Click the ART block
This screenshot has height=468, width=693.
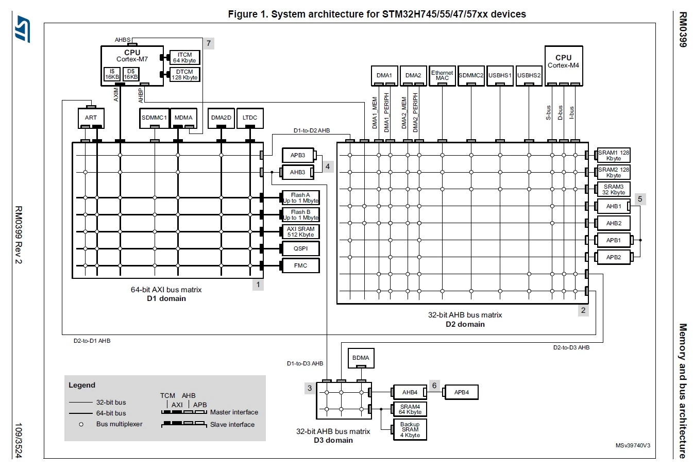tap(91, 118)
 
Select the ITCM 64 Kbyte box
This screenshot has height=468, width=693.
tap(184, 58)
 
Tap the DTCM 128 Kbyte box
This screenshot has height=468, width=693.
tap(184, 75)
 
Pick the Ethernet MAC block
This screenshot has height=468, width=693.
tap(442, 76)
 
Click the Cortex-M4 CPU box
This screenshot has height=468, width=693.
tap(564, 66)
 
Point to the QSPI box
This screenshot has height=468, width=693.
tap(301, 248)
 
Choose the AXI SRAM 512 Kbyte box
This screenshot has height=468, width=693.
tap(301, 231)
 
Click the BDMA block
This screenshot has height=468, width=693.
tap(361, 358)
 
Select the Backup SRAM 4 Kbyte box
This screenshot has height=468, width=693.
tap(410, 430)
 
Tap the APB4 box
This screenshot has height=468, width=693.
tap(462, 392)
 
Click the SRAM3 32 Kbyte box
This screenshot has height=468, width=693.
tap(614, 190)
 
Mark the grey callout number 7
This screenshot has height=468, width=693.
tap(209, 43)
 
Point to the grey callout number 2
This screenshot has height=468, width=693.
tap(583, 310)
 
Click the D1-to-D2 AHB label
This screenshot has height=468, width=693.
tap(312, 130)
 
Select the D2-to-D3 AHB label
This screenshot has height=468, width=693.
tap(571, 347)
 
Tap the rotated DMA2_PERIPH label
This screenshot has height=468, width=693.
tap(415, 113)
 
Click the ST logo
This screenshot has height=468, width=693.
tap(23, 29)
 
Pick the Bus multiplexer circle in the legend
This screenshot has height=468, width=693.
tap(81, 424)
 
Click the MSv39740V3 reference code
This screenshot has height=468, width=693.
tap(633, 446)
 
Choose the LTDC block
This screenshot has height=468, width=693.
tap(250, 118)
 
